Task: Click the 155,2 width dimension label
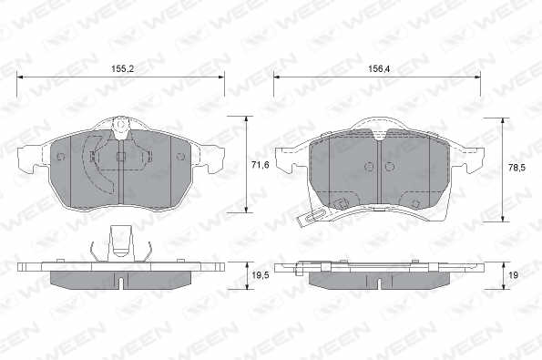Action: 122,69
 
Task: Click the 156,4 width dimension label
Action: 379,69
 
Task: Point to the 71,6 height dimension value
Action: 261,165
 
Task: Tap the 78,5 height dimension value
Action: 516,168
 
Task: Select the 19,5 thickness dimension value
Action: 261,275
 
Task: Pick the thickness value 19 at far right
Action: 514,275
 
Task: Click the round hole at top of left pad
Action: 120,125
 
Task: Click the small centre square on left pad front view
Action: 120,157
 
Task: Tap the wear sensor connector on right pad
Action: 310,217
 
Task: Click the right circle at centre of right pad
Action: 390,167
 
